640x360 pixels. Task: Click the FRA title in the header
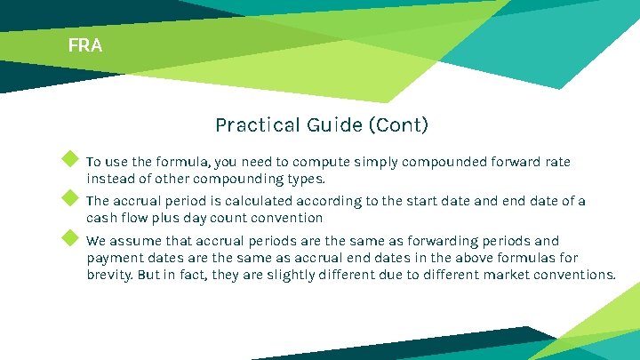pyautogui.click(x=85, y=44)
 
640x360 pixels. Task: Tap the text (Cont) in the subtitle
pyautogui.click(x=397, y=125)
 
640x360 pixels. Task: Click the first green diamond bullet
pyautogui.click(x=69, y=159)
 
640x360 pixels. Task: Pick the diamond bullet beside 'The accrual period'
pyautogui.click(x=69, y=198)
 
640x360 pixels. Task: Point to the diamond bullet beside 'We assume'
pyautogui.click(x=69, y=237)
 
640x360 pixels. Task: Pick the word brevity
pyautogui.click(x=109, y=275)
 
